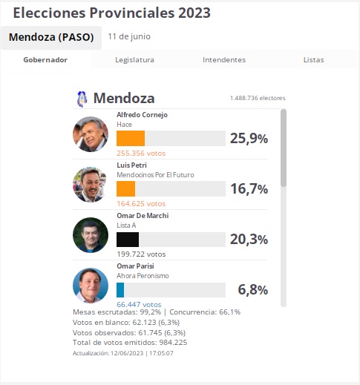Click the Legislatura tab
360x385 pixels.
click(x=134, y=60)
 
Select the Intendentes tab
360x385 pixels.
click(x=224, y=60)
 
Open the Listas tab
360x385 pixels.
click(x=314, y=60)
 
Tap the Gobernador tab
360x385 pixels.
click(x=45, y=60)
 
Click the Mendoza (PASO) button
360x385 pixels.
click(x=51, y=38)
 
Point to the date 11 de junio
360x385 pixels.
click(x=129, y=36)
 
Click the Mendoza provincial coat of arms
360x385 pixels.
click(x=82, y=99)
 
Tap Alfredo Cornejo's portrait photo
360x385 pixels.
click(x=91, y=134)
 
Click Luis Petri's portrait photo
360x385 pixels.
click(x=91, y=185)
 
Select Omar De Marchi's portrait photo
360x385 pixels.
click(x=91, y=235)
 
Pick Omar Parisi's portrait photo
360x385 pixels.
click(x=91, y=286)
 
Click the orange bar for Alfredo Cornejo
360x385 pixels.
click(x=131, y=138)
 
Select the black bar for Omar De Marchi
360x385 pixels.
click(x=128, y=240)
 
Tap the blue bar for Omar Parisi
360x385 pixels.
click(x=120, y=290)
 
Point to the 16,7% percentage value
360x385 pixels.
click(x=249, y=189)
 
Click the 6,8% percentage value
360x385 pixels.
click(x=253, y=290)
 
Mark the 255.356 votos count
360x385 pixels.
click(x=141, y=154)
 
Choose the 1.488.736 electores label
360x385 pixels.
click(x=258, y=98)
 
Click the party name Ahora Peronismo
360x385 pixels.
click(x=143, y=276)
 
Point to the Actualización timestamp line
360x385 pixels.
click(x=123, y=353)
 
